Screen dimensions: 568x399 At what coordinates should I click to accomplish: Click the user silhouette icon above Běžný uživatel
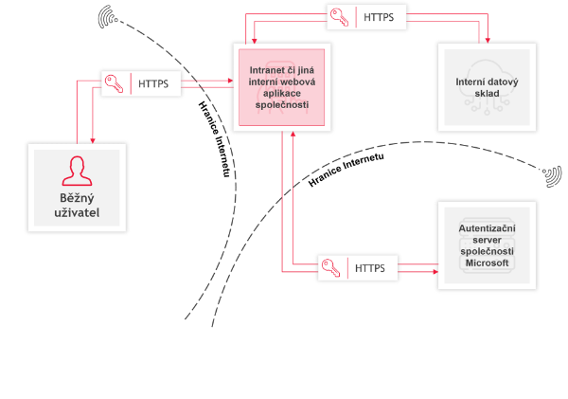pyautogui.click(x=77, y=171)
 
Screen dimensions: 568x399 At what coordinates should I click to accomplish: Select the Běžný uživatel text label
pyautogui.click(x=77, y=206)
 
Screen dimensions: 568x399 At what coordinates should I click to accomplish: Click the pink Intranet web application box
pyautogui.click(x=282, y=87)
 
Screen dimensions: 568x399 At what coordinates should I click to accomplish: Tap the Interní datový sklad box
pyautogui.click(x=487, y=87)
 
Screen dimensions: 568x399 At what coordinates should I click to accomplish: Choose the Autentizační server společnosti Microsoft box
pyautogui.click(x=487, y=245)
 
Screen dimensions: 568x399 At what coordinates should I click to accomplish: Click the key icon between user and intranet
pyautogui.click(x=115, y=83)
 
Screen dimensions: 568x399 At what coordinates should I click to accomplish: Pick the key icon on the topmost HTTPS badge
pyautogui.click(x=340, y=17)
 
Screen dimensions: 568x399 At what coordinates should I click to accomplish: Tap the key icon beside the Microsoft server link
pyautogui.click(x=330, y=268)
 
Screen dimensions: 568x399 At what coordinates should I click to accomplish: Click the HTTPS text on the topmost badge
pyautogui.click(x=379, y=17)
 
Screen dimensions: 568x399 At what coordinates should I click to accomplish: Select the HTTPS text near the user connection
pyautogui.click(x=153, y=83)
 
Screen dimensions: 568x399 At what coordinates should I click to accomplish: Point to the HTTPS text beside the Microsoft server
pyautogui.click(x=370, y=268)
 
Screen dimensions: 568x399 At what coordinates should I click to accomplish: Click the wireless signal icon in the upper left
pyautogui.click(x=108, y=17)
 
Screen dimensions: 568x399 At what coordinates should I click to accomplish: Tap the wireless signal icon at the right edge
pyautogui.click(x=553, y=176)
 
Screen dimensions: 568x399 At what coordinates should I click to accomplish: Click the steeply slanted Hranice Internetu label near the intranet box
pyautogui.click(x=215, y=139)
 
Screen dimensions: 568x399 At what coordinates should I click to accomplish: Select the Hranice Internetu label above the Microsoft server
pyautogui.click(x=346, y=170)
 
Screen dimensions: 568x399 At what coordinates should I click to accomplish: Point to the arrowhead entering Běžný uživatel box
pyautogui.click(x=93, y=140)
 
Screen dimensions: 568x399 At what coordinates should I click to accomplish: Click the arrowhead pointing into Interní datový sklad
pyautogui.click(x=488, y=41)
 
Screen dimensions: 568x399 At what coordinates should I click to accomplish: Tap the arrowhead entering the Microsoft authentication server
pyautogui.click(x=435, y=272)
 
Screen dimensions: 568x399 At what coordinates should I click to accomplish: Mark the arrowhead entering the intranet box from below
pyautogui.click(x=293, y=134)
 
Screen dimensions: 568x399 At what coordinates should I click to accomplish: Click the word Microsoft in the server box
pyautogui.click(x=487, y=263)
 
